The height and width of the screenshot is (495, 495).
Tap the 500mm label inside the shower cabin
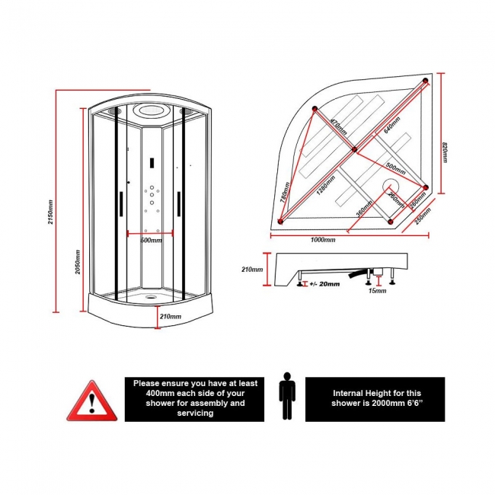tap(152, 241)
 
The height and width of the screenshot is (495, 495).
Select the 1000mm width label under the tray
tap(323, 240)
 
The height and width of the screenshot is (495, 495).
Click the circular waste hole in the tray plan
tap(392, 186)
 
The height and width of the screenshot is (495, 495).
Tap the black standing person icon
tap(287, 396)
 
